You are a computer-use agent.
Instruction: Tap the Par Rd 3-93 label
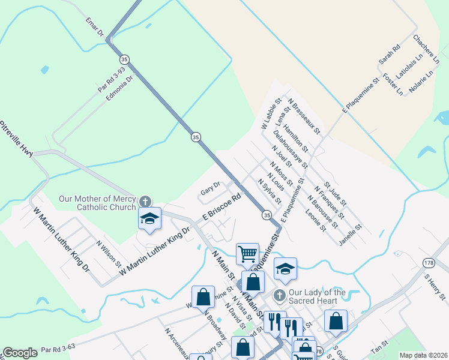(x=112, y=79)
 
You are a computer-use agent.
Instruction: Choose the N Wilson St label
(x=109, y=254)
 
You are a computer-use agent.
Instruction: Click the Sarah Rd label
(x=389, y=55)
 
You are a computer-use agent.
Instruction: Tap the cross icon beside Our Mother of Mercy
(x=144, y=201)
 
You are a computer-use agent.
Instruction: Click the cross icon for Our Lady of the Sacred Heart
(x=279, y=295)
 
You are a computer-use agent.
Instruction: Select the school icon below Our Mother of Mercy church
(x=149, y=219)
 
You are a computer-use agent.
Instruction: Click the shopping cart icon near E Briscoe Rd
(x=247, y=254)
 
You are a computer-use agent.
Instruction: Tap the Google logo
(x=20, y=353)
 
